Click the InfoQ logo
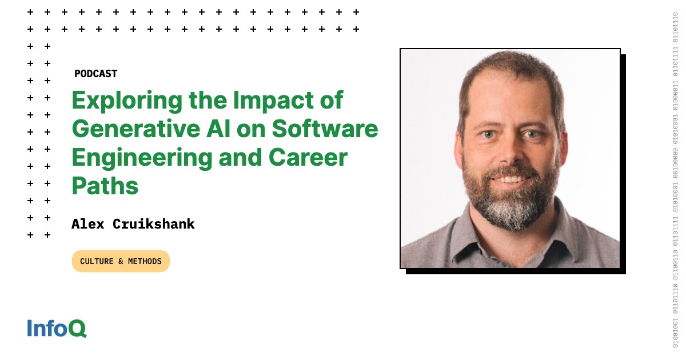point(57,328)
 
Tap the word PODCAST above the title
point(96,74)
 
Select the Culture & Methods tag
point(121,261)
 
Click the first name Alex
point(87,224)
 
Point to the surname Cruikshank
point(153,224)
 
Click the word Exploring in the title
point(127,101)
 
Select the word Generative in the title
point(136,129)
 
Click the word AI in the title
point(218,129)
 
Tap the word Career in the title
point(308,158)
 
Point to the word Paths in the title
point(105,186)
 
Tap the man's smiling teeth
point(510,179)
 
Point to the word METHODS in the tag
point(145,262)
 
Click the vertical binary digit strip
point(675,179)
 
